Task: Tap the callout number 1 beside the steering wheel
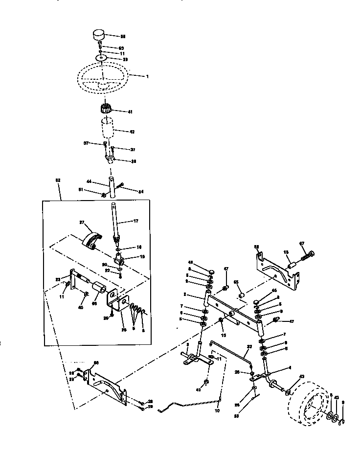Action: point(146,76)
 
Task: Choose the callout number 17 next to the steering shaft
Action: point(136,221)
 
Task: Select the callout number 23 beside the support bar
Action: point(57,279)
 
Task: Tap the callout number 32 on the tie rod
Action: point(249,346)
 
